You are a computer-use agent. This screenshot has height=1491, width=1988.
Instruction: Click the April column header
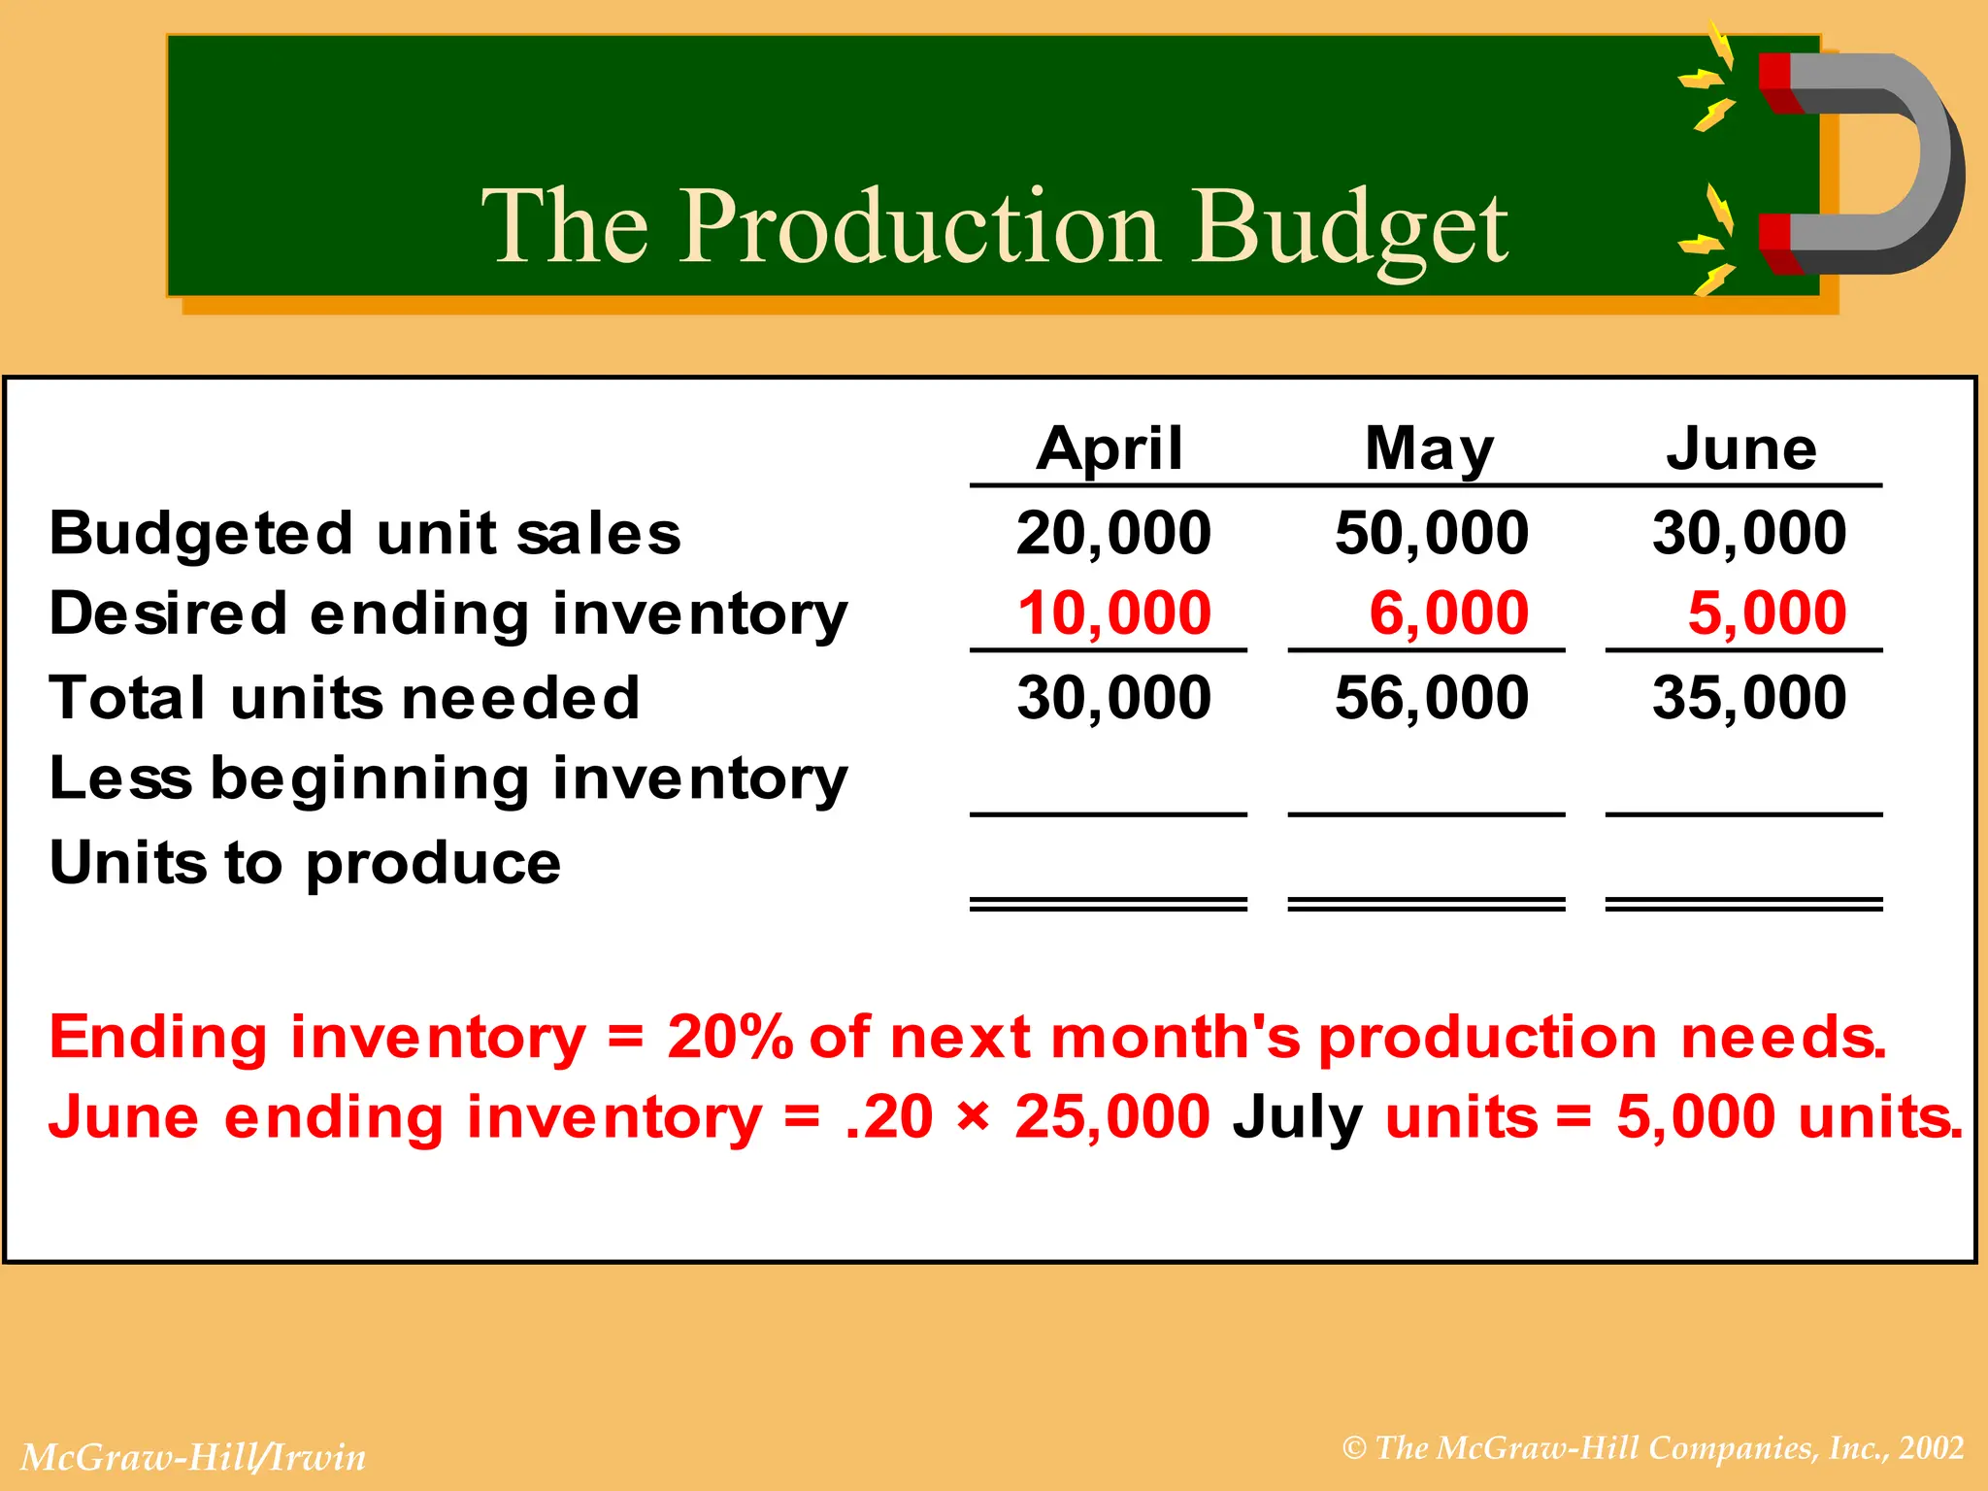point(1110,449)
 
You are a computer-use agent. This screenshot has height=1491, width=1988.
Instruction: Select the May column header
point(1429,449)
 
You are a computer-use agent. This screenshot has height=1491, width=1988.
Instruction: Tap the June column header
point(1741,449)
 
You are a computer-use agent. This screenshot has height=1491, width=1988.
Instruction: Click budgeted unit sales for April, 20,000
point(1113,533)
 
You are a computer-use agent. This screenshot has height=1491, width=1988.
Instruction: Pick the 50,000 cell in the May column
point(1432,533)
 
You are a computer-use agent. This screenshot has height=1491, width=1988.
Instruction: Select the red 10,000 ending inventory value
point(1113,613)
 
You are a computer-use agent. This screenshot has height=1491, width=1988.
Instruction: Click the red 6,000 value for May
point(1448,613)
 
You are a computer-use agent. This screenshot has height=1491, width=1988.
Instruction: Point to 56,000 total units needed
point(1432,698)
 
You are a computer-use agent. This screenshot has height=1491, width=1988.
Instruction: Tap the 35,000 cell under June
point(1749,698)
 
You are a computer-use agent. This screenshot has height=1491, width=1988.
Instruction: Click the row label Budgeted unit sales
point(365,534)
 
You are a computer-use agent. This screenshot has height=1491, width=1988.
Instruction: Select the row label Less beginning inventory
point(448,779)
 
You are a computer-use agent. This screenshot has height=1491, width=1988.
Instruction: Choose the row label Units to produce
point(305,863)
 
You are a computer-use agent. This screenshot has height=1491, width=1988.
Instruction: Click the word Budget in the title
point(1349,226)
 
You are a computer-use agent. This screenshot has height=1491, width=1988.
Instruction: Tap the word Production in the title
point(918,226)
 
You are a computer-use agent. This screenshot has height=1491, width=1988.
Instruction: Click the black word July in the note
point(1297,1117)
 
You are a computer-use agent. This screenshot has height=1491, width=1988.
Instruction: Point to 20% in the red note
point(729,1037)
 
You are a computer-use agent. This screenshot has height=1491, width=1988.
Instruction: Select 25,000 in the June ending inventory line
point(1112,1117)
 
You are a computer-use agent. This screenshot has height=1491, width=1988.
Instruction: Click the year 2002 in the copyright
point(1932,1448)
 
